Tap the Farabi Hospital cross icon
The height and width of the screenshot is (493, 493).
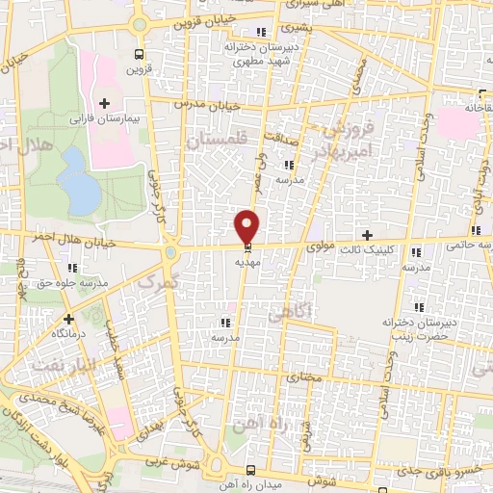(x=105, y=104)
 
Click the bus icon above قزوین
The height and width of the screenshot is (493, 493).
(x=141, y=54)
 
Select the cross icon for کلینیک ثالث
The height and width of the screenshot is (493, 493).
(x=366, y=234)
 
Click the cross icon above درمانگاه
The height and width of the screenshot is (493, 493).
(x=68, y=318)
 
